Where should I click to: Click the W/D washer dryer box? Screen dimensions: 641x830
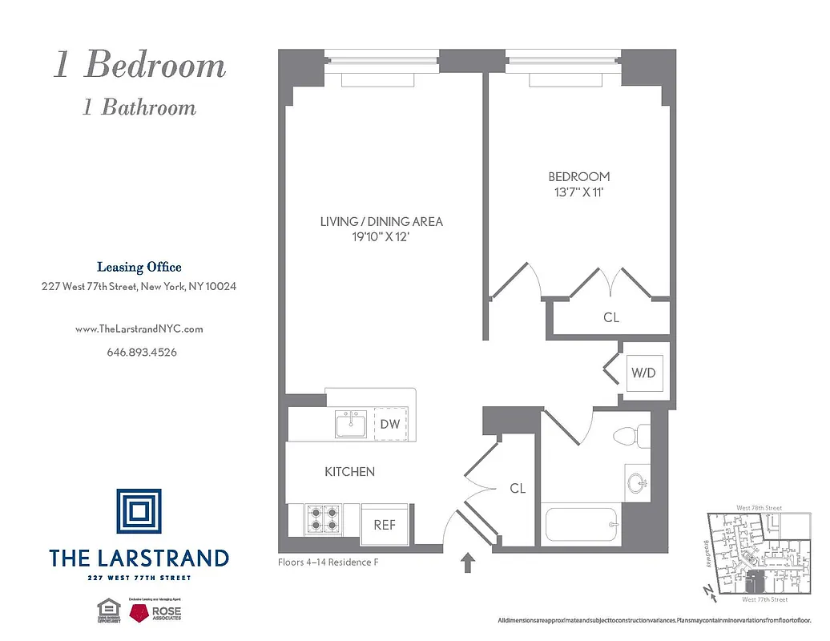pos(644,373)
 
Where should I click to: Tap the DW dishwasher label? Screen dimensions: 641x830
pos(390,424)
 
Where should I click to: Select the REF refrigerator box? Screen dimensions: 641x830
pos(385,525)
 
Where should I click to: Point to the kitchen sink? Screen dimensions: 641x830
pos(351,425)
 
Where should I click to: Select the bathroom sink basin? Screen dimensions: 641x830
pos(636,483)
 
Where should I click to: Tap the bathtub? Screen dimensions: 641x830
pos(580,526)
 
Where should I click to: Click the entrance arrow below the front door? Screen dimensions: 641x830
pos(469,562)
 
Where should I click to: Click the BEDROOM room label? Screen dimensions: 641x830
pos(578,176)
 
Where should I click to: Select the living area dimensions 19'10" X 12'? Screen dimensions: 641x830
pos(381,237)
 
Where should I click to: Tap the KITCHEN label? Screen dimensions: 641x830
pos(349,472)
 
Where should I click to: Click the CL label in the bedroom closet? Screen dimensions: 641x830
pos(611,317)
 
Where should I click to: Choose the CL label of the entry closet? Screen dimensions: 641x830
pos(518,488)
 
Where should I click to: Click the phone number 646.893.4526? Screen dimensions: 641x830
pos(142,352)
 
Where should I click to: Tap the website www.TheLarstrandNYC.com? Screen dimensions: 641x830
pos(139,329)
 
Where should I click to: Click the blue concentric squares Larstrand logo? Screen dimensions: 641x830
pos(139,511)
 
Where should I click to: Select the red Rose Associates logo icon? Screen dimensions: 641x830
pos(142,612)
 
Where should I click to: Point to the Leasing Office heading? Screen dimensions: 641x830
pos(139,268)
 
